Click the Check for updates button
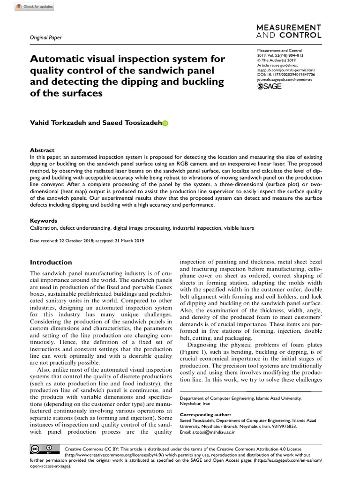(x=34, y=7)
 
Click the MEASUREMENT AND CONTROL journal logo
(x=289, y=31)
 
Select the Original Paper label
(x=45, y=37)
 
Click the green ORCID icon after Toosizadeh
(x=165, y=123)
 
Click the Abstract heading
(x=42, y=150)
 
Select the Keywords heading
(x=44, y=221)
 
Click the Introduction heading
(x=51, y=262)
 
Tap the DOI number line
(x=286, y=74)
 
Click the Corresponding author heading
(x=205, y=414)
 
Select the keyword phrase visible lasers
(x=237, y=228)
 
